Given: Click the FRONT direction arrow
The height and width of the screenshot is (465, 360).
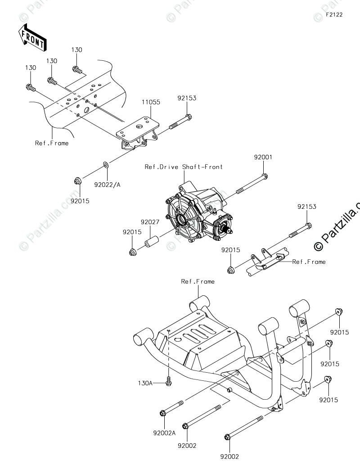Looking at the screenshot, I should click(31, 38).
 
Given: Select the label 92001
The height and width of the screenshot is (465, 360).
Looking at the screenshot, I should click(263, 158).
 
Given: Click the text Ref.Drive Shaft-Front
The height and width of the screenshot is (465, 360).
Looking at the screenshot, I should click(184, 167).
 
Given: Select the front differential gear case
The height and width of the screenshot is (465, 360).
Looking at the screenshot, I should click(198, 212).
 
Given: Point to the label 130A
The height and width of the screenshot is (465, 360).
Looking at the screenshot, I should click(145, 383).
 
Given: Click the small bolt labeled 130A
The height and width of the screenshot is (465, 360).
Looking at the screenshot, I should click(168, 382).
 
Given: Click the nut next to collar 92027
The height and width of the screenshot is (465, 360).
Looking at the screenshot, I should click(133, 250).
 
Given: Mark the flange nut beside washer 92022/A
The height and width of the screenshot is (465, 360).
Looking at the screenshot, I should click(77, 181).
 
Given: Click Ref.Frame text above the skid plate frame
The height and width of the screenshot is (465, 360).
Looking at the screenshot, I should click(198, 281).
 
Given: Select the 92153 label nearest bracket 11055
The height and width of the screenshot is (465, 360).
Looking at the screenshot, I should click(187, 98).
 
